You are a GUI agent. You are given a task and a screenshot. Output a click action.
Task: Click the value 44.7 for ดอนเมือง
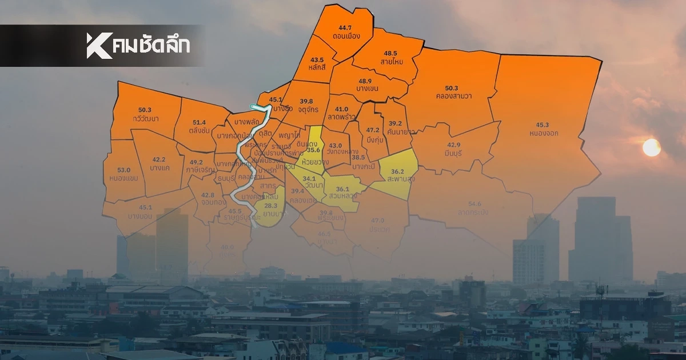[345, 27]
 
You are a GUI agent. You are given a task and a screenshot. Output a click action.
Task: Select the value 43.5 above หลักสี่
[317, 59]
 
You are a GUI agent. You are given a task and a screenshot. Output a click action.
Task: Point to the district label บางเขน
[365, 89]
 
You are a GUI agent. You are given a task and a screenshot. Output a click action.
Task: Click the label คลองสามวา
[451, 96]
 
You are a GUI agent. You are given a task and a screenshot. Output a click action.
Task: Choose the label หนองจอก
[543, 133]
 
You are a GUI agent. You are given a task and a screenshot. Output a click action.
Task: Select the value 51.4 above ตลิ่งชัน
[200, 122]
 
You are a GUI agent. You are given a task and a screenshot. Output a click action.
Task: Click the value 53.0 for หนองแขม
[123, 170]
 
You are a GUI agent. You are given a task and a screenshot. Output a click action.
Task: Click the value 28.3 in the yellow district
[271, 206]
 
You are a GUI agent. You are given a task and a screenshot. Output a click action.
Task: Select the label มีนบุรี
[453, 154]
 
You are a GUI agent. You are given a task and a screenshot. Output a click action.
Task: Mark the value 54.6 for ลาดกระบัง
[474, 204]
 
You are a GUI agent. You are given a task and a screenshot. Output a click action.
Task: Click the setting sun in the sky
[651, 147]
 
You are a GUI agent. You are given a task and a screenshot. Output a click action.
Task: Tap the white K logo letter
[98, 46]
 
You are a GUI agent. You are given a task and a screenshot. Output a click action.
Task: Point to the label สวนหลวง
[343, 196]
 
